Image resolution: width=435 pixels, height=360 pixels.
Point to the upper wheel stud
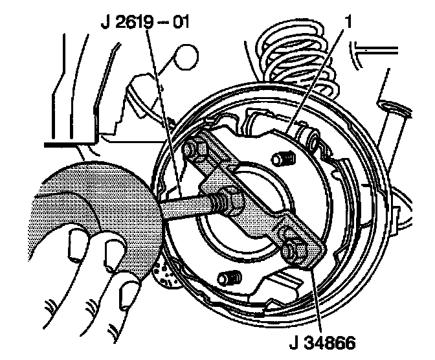click(280, 157)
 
